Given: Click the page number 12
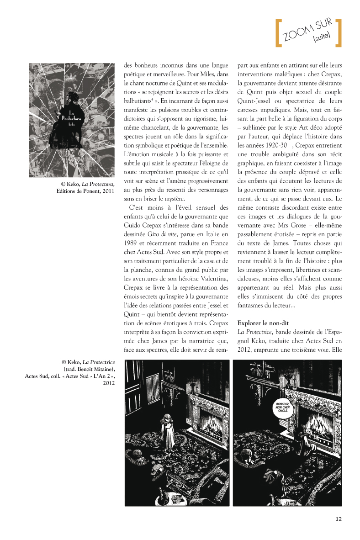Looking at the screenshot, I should click(x=339, y=519).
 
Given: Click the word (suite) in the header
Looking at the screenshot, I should click(x=322, y=38).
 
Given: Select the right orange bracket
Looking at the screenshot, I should click(x=339, y=33).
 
